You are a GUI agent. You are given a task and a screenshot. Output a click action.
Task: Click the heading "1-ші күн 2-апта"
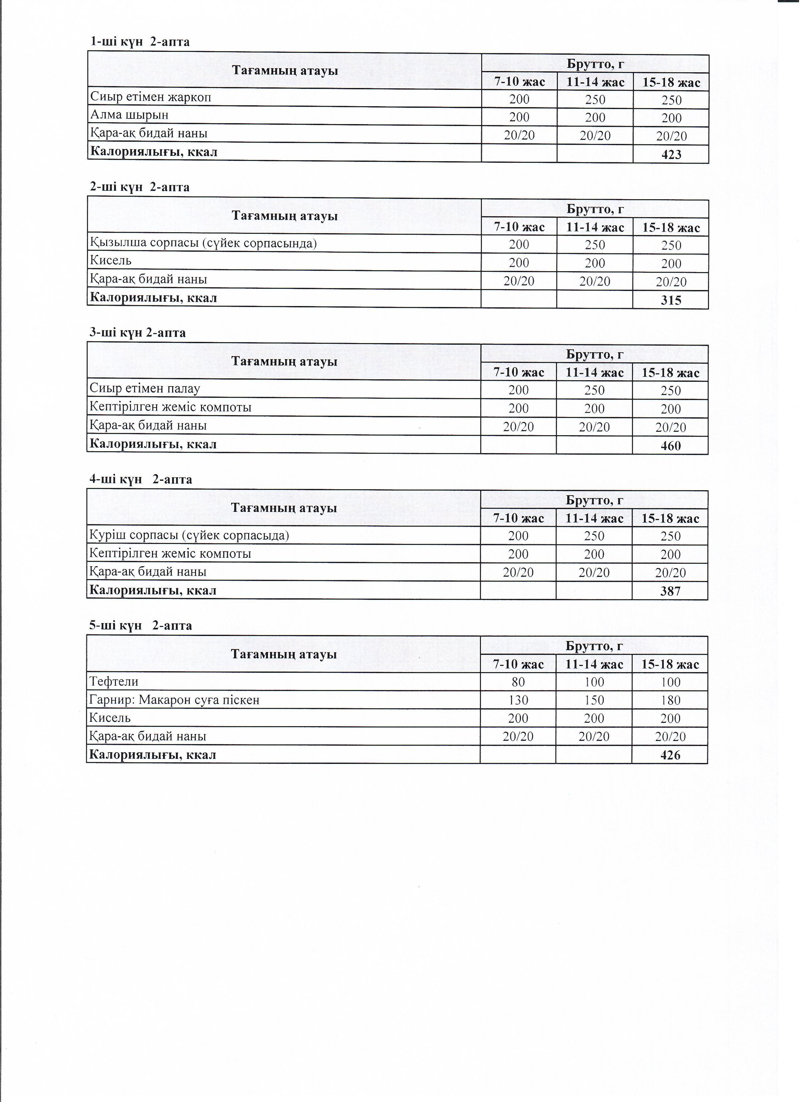140,42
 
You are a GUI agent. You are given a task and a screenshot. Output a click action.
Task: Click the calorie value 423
671,155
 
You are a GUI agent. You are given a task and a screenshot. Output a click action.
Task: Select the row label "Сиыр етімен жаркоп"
150,97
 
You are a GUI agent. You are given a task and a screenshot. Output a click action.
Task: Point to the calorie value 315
671,300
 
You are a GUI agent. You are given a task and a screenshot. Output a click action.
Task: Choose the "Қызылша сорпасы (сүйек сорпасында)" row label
203,243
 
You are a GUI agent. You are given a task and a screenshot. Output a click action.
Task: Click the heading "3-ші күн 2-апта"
138,333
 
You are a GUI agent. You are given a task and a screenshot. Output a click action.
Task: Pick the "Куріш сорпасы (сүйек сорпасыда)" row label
189,535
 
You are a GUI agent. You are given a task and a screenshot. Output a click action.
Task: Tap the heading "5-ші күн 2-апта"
140,625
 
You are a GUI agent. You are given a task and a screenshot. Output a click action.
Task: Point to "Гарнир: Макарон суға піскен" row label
174,700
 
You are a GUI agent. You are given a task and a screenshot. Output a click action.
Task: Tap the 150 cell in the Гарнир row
594,700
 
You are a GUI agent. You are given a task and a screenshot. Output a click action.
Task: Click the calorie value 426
670,755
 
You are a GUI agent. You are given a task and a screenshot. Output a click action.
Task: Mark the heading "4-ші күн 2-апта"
140,480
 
